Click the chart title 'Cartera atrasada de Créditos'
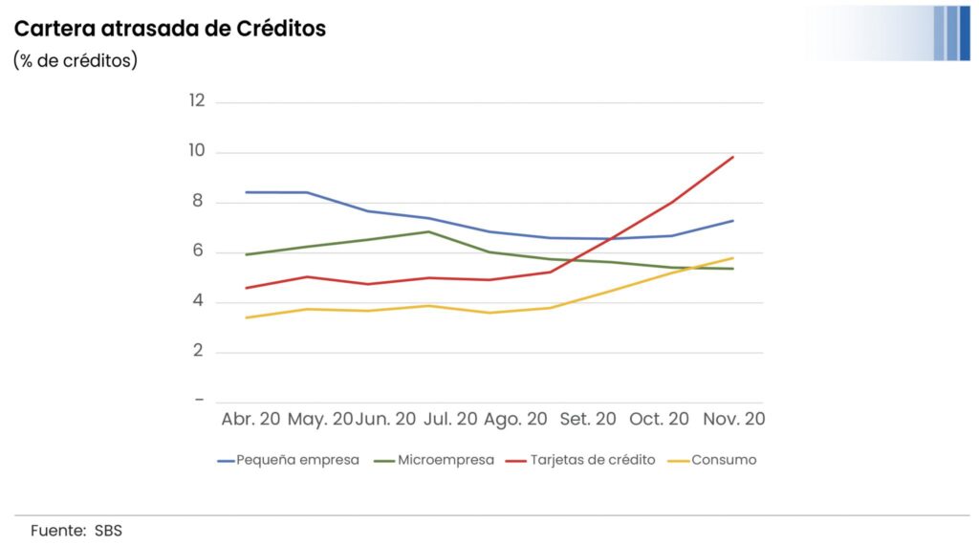pos(170,29)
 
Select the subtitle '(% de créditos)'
pos(76,60)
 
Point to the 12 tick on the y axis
pos(197,101)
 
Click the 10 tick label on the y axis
pos(197,151)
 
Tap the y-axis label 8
pos(198,202)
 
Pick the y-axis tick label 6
pos(198,251)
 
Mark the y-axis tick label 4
pos(198,301)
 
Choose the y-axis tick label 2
pos(198,351)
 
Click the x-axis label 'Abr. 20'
pos(250,420)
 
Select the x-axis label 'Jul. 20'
pos(449,420)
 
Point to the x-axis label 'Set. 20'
pos(588,420)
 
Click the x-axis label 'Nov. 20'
pos(734,420)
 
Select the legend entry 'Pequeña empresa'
pos(297,460)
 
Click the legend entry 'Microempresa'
pos(446,460)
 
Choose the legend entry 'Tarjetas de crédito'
pos(594,460)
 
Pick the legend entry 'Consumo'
pos(724,460)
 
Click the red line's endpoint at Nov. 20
pos(733,157)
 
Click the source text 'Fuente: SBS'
pos(76,531)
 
